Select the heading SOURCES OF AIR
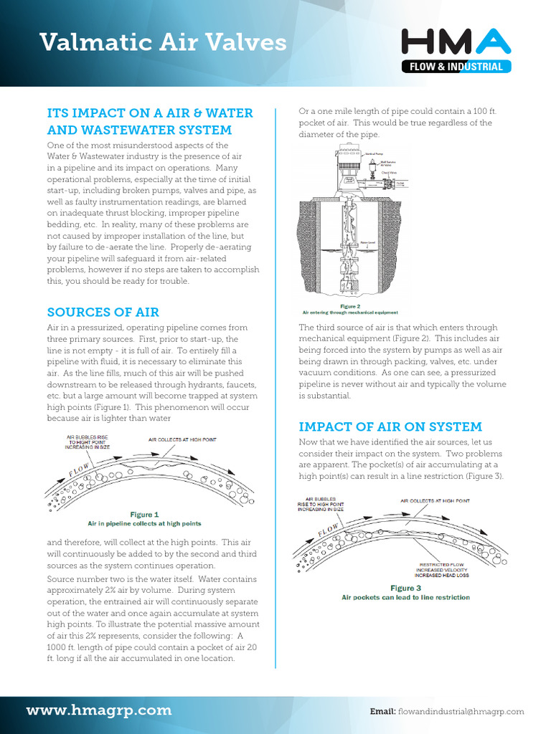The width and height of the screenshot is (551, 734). [x=103, y=312]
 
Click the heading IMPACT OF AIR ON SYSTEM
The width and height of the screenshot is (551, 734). [x=390, y=426]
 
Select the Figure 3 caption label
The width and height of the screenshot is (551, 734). [x=405, y=588]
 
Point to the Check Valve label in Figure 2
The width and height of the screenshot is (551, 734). [x=390, y=172]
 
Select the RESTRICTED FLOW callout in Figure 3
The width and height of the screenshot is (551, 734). [x=442, y=564]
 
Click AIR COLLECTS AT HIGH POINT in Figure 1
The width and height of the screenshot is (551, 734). [x=182, y=439]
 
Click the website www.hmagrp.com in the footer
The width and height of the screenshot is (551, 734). [x=99, y=710]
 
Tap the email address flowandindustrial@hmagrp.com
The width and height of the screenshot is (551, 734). [x=461, y=712]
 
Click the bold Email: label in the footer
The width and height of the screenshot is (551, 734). [x=382, y=712]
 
